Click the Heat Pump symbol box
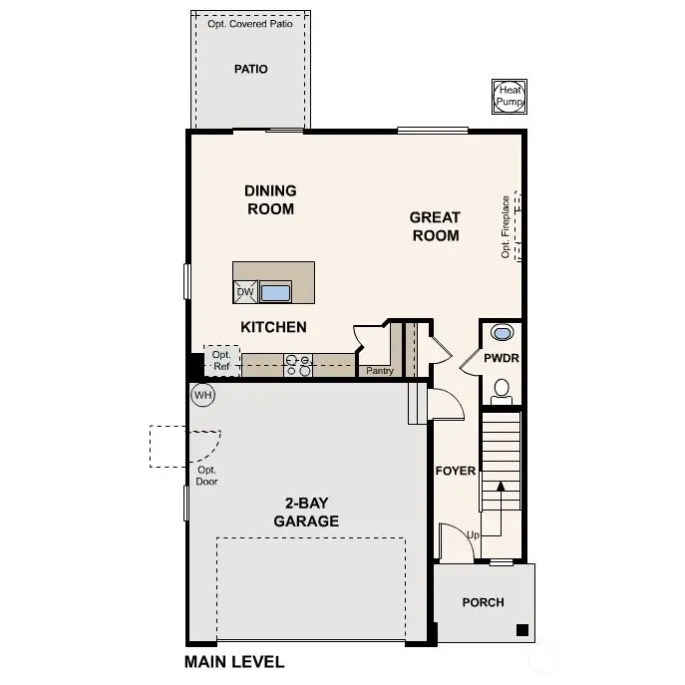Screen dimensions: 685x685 (510, 97)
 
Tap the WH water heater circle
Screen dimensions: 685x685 (203, 395)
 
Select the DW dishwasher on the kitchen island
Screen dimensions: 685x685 (245, 292)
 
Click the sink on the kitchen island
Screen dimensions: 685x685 (275, 292)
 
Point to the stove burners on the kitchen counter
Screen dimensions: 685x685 (298, 365)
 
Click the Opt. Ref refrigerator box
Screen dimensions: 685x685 (221, 360)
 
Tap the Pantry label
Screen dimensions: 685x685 (380, 371)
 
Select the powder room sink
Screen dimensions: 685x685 (502, 333)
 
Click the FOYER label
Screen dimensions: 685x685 (456, 471)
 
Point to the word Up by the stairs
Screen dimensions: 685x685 (474, 535)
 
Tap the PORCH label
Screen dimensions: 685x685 (483, 602)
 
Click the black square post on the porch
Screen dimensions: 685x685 (521, 629)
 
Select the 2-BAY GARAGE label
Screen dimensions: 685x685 (306, 513)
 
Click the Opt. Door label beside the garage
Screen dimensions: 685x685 (207, 476)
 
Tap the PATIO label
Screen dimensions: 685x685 (250, 69)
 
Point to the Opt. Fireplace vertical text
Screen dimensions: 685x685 (507, 226)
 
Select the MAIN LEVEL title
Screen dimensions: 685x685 (234, 661)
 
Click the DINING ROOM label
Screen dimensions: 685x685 (270, 199)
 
